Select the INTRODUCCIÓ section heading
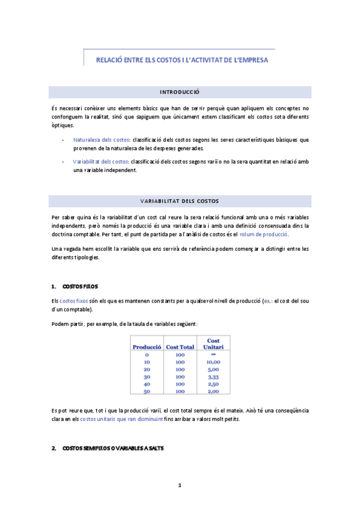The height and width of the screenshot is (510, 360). pos(180,92)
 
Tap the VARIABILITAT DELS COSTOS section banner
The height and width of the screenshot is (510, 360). pos(180,200)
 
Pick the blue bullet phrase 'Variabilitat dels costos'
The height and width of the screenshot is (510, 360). pos(100,161)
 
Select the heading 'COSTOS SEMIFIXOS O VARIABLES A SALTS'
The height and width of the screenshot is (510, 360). pos(112,449)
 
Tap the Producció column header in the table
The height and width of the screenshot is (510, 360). pos(147,347)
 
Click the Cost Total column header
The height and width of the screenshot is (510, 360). pos(180,347)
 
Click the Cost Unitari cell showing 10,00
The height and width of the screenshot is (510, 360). pos(213,363)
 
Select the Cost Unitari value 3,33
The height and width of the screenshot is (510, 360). pos(213,377)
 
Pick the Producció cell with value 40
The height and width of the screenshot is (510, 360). pos(147,384)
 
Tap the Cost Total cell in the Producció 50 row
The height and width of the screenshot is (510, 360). pos(180,392)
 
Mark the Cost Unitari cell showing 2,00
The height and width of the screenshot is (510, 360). pos(213,392)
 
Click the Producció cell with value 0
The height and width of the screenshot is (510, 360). pos(147,355)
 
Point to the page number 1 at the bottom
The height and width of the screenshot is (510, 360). pos(180,485)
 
